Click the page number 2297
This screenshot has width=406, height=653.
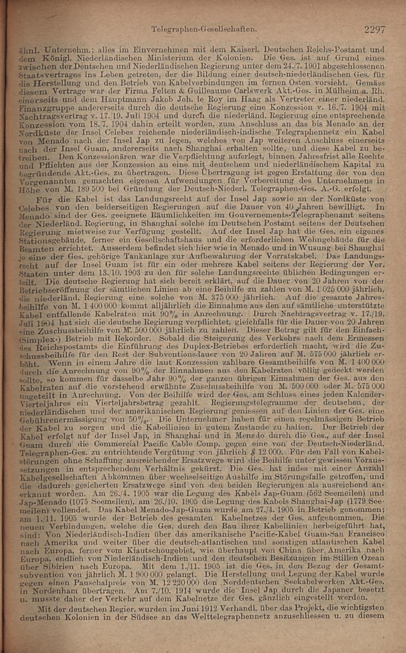coord(374,29)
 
